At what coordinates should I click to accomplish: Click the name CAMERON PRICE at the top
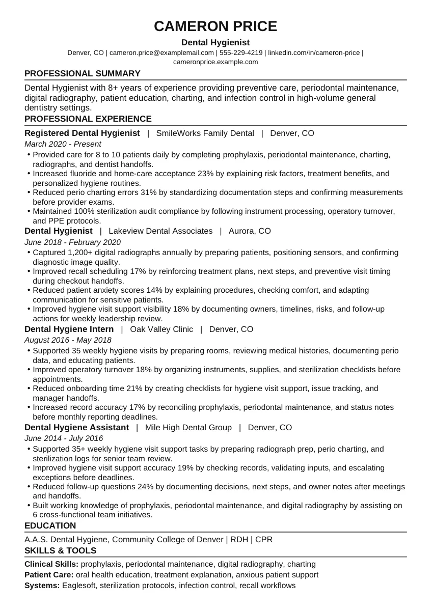click(x=215, y=26)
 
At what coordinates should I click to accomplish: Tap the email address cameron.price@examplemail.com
click(x=161, y=52)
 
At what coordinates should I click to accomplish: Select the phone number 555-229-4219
click(x=241, y=52)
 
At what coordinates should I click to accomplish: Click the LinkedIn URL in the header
click(x=314, y=52)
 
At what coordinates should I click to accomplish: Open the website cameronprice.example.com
click(x=215, y=62)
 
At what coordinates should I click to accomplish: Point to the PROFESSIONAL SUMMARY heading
click(x=82, y=73)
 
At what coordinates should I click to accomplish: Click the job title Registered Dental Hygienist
click(x=82, y=133)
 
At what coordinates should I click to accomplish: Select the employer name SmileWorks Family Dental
click(x=205, y=133)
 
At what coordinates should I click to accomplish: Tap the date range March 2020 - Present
click(x=63, y=144)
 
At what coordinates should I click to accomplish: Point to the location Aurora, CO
click(x=250, y=231)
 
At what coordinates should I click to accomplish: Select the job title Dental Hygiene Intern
click(x=69, y=329)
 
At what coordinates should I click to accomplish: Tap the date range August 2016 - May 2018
click(x=68, y=340)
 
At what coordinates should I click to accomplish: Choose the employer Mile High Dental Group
click(x=188, y=428)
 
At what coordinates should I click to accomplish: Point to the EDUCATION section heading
click(x=50, y=525)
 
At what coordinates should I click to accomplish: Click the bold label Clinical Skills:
click(x=51, y=564)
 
